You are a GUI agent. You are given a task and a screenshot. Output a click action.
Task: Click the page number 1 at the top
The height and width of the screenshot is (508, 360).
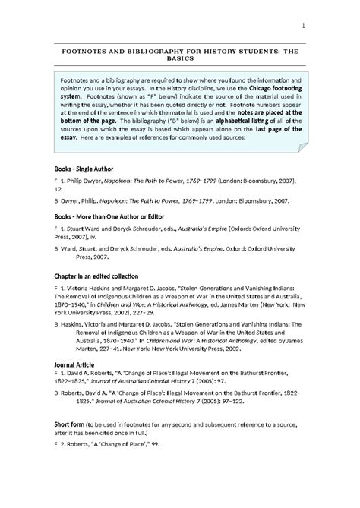(303, 29)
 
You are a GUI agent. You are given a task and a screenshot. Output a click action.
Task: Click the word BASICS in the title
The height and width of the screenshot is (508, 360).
(179, 57)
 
